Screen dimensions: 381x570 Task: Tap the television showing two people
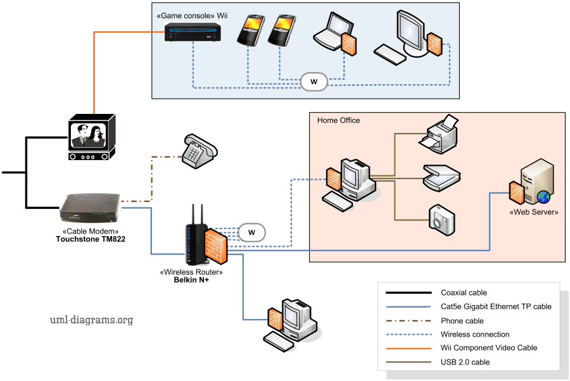coord(91,137)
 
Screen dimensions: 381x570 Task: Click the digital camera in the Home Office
coord(441,217)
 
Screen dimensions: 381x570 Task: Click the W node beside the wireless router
coord(251,232)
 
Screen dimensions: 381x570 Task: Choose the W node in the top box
coord(313,82)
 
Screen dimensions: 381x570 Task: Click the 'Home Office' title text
coord(338,120)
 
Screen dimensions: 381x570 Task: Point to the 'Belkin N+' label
coord(191,280)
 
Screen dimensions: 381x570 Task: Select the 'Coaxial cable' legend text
coord(464,292)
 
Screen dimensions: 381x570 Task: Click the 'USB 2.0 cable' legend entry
coord(465,362)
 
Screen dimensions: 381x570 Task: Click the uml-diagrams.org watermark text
coord(91,320)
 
